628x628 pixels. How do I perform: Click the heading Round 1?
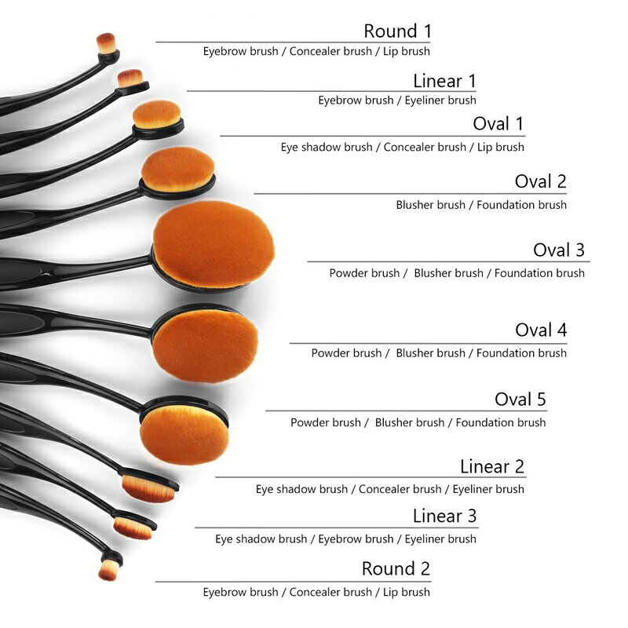[x=397, y=31]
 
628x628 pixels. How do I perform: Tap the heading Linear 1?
[x=444, y=81]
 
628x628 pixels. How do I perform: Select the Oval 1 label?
[x=498, y=124]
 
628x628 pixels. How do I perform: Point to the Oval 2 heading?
[x=540, y=182]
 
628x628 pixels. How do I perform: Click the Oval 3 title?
[x=559, y=250]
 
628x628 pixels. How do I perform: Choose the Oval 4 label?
[x=540, y=330]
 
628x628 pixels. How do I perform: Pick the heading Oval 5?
[x=520, y=399]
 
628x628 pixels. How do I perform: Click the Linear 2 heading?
[x=491, y=467]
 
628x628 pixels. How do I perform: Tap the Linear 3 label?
[x=444, y=517]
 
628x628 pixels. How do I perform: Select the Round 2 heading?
[x=396, y=568]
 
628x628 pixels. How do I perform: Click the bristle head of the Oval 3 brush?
[x=213, y=243]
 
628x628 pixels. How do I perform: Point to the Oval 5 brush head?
[x=183, y=433]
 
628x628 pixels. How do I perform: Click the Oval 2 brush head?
[x=177, y=169]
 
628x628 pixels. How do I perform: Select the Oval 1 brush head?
[x=156, y=115]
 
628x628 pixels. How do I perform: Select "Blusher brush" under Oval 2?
[x=430, y=205]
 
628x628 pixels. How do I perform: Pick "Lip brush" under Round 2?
[x=406, y=592]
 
